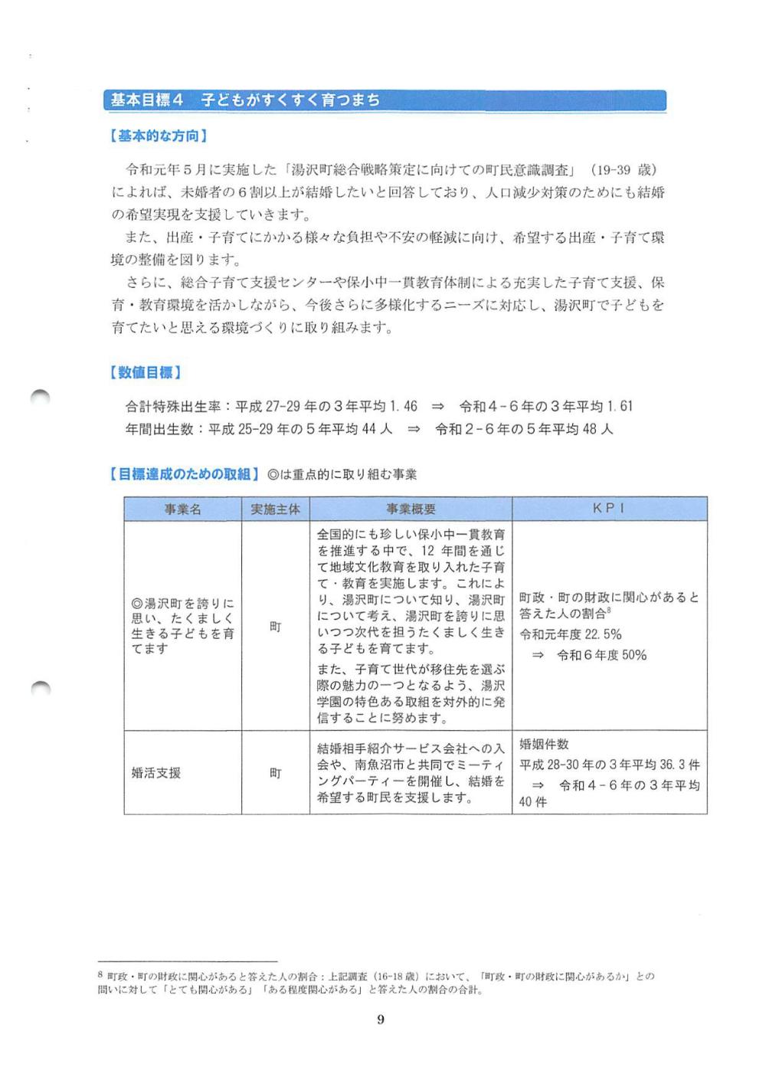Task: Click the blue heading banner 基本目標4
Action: pyautogui.click(x=383, y=100)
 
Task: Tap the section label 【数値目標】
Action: pyautogui.click(x=145, y=373)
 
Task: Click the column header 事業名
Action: pyautogui.click(x=182, y=509)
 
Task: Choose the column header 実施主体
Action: pyautogui.click(x=275, y=509)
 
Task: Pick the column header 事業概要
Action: pyautogui.click(x=411, y=509)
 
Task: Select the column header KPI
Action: pyautogui.click(x=608, y=509)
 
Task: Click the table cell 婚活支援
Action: pyautogui.click(x=156, y=773)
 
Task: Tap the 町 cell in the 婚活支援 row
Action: pyautogui.click(x=275, y=773)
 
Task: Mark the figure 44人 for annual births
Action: pyautogui.click(x=377, y=429)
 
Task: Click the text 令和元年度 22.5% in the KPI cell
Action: pyautogui.click(x=571, y=634)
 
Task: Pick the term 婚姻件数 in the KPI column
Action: pyautogui.click(x=544, y=745)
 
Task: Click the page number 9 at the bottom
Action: pyautogui.click(x=381, y=1019)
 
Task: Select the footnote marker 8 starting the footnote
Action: pyautogui.click(x=100, y=976)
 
